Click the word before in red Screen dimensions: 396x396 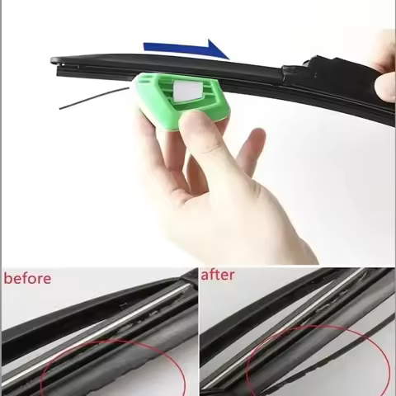(x=27, y=278)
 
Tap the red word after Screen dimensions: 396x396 (x=218, y=276)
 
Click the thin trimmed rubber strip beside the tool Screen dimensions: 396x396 (x=91, y=101)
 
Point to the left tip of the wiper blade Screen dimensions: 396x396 (x=54, y=61)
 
